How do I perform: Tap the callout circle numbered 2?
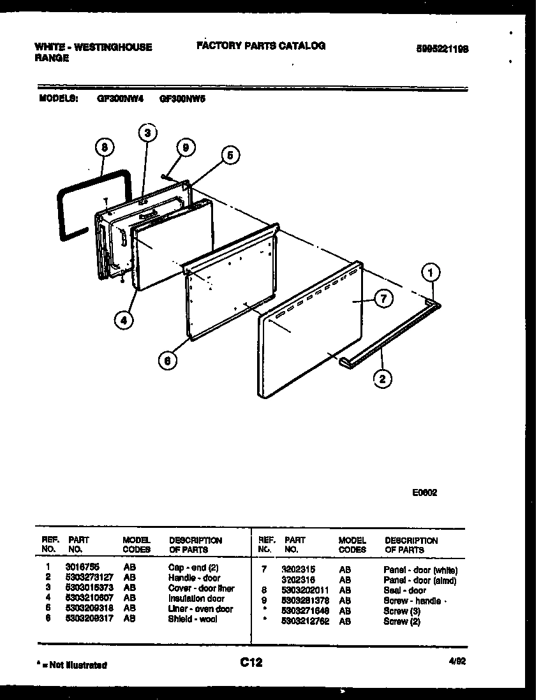pos(382,379)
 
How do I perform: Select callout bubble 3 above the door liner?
pos(147,133)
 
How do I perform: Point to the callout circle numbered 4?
pos(125,320)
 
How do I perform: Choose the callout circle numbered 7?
pos(383,298)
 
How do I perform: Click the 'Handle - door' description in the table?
pos(194,578)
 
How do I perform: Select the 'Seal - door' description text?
pos(404,590)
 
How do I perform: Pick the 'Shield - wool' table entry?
pos(193,618)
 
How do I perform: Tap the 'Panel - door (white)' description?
pos(420,570)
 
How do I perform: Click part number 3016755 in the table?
pos(82,567)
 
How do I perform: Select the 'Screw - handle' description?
pos(412,601)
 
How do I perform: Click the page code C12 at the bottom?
pos(251,663)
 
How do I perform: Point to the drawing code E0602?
pos(424,492)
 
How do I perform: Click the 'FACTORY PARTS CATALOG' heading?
pos(261,46)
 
